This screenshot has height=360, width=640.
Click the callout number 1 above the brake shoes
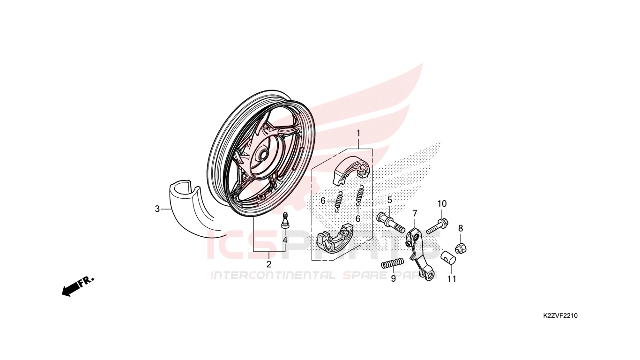click(358, 134)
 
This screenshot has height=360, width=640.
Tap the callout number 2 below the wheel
click(269, 264)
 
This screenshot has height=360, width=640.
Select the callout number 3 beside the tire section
click(157, 209)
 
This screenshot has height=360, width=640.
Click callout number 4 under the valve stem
click(285, 240)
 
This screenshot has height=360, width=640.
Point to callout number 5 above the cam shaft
click(390, 200)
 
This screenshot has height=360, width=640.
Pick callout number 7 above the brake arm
click(415, 213)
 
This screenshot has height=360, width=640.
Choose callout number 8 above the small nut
click(461, 228)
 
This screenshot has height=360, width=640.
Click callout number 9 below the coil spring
click(394, 278)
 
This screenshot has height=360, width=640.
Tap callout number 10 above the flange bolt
click(442, 204)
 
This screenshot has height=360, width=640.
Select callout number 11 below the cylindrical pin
click(452, 279)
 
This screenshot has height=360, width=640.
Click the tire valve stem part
click(284, 220)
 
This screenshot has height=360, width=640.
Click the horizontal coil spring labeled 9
click(393, 263)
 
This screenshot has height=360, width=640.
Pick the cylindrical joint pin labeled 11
click(448, 257)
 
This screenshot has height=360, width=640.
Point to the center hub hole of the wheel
click(263, 154)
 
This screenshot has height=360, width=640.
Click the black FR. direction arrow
click(78, 286)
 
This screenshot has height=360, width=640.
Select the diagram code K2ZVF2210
click(560, 315)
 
